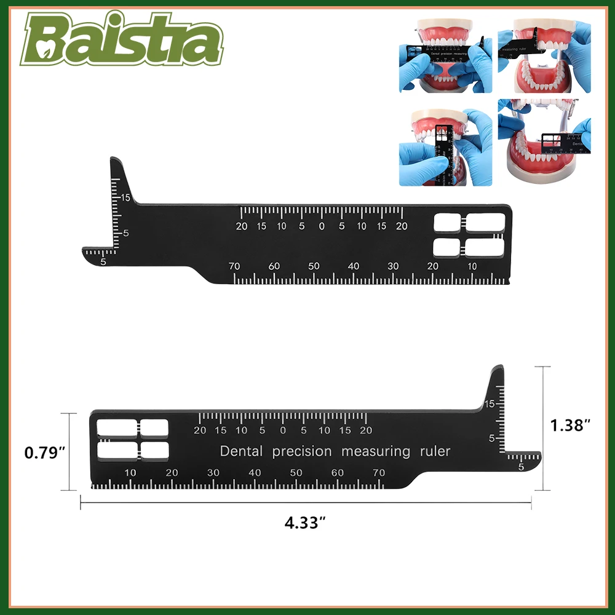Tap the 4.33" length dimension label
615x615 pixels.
(x=305, y=523)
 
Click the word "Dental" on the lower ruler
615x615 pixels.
(x=241, y=451)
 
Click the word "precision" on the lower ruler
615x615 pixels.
(x=301, y=451)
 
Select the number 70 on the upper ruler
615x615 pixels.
(x=234, y=266)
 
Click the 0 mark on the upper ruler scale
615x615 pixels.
(x=321, y=226)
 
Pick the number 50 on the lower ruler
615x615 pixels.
(x=296, y=472)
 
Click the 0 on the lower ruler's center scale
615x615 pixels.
(x=283, y=430)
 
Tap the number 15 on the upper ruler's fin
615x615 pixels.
(x=125, y=197)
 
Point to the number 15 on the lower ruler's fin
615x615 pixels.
(x=490, y=403)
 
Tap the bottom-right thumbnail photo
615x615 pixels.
(x=544, y=143)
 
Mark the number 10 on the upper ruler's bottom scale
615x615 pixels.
(x=472, y=266)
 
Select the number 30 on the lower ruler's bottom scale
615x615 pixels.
(x=213, y=472)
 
